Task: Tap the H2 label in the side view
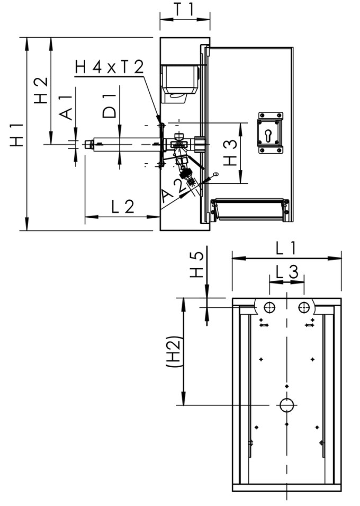pos(41,90)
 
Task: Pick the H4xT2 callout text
pos(109,67)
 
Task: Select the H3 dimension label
pos(229,153)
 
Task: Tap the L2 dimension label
pos(123,207)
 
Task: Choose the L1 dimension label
pos(286,248)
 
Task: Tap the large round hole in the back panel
pos(286,405)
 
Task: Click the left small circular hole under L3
pos(270,307)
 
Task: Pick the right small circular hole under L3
pos(303,307)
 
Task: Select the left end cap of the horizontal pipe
pos(88,144)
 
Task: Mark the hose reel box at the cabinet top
pos(180,79)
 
